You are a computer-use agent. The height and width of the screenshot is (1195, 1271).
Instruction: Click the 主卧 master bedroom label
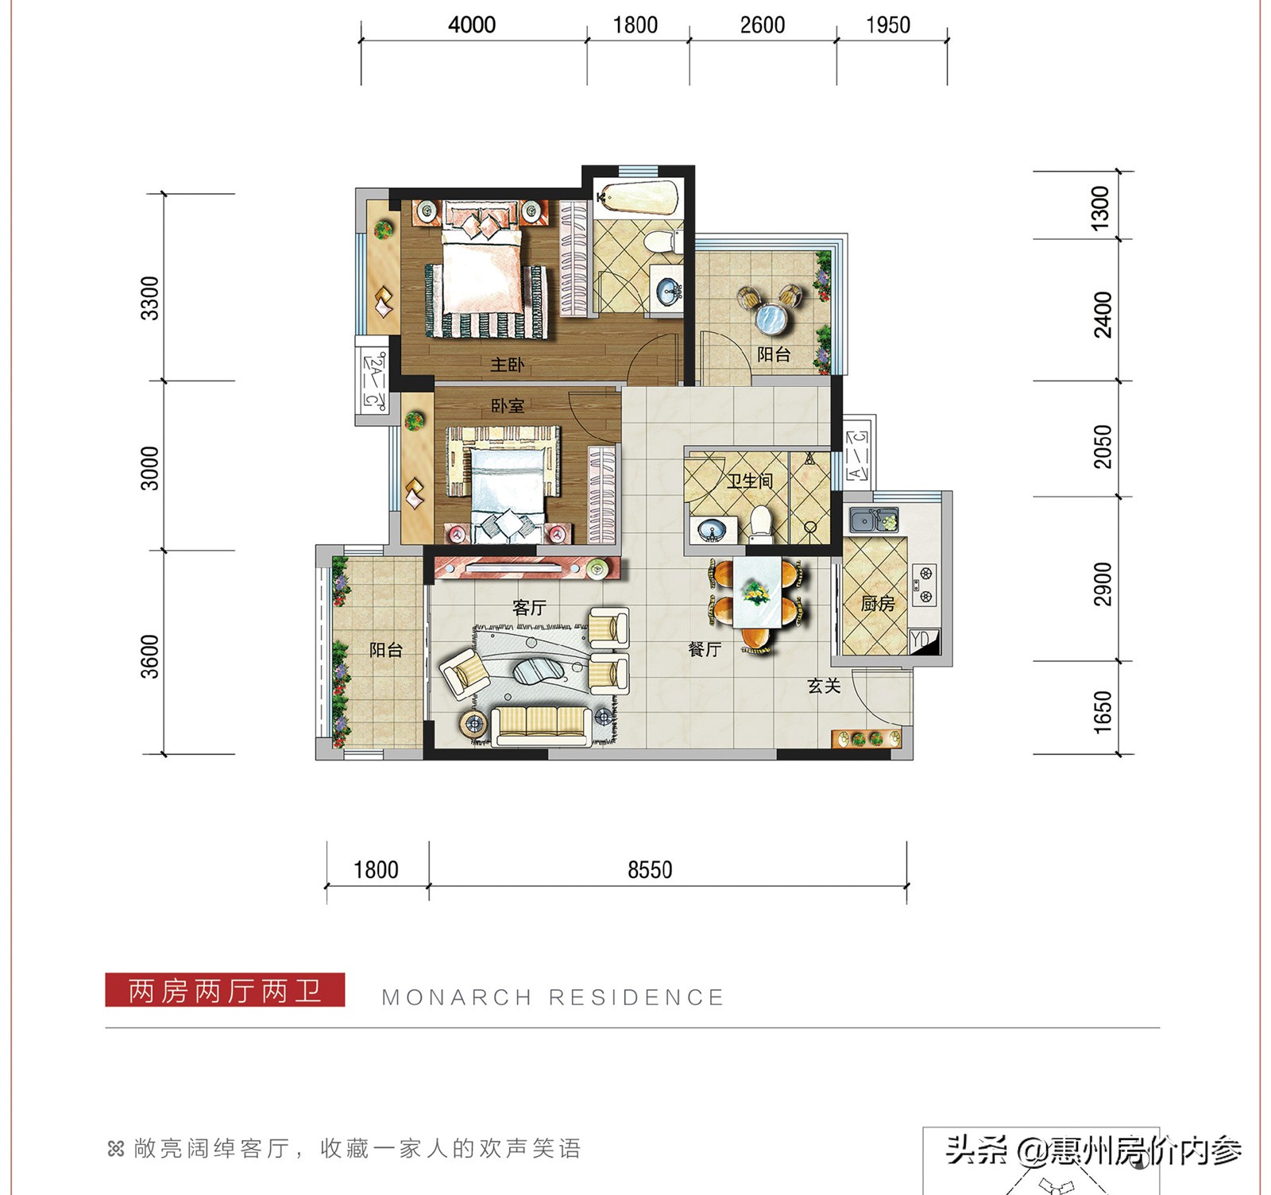coord(507,365)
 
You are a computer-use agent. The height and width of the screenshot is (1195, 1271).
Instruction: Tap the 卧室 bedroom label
coord(507,406)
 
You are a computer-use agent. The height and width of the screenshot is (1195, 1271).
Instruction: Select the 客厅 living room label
coord(529,608)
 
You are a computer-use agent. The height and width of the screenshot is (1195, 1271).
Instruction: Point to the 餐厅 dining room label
coord(704,649)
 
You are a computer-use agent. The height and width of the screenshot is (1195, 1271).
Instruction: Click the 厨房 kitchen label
coord(877,604)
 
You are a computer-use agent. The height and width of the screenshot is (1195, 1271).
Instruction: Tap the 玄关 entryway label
coord(824,686)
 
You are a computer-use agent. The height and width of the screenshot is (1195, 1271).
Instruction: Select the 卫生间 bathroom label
coord(749,481)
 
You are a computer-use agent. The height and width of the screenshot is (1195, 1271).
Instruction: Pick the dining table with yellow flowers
coord(755,593)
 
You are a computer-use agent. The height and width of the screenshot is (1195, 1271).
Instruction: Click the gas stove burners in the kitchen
coord(924,584)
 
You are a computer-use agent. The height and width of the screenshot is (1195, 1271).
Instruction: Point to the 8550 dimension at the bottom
coord(650,870)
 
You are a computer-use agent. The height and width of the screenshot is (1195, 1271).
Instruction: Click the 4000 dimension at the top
coord(472,25)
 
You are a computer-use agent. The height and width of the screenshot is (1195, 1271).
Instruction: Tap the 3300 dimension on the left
coord(149,298)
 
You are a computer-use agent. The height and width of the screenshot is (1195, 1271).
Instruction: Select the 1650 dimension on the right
coord(1103,711)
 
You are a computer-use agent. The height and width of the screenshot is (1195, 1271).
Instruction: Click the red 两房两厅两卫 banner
coord(225,990)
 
